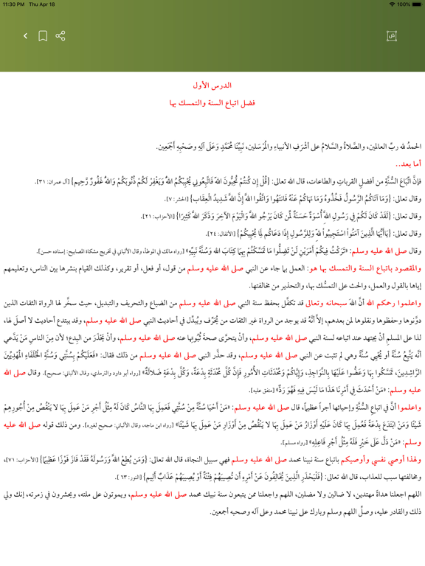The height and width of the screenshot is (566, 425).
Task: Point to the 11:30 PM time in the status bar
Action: [20, 4]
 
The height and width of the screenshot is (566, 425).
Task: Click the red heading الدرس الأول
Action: [212, 85]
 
